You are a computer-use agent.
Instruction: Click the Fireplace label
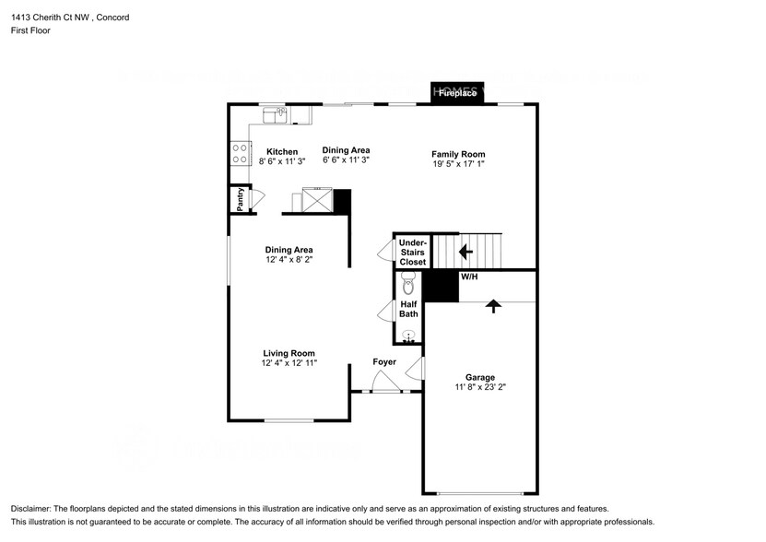click(x=457, y=94)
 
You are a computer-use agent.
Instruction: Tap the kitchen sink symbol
click(x=275, y=114)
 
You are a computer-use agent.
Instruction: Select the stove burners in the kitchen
click(x=240, y=152)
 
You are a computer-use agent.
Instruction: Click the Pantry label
click(x=240, y=199)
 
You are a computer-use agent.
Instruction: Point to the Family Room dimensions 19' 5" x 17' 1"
click(x=458, y=165)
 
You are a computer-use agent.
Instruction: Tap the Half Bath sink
click(x=408, y=336)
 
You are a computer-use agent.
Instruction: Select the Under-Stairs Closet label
click(x=412, y=253)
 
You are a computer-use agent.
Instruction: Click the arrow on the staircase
click(x=467, y=250)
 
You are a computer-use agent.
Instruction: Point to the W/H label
click(x=469, y=277)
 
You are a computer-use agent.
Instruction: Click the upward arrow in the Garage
click(x=494, y=306)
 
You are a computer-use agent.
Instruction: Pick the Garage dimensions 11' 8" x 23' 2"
click(x=480, y=388)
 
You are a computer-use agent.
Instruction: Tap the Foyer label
click(x=384, y=362)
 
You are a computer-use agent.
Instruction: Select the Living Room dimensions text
click(x=289, y=364)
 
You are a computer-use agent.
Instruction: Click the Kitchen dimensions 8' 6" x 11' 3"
click(x=282, y=161)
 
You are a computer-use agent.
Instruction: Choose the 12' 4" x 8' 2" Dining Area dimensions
click(x=289, y=260)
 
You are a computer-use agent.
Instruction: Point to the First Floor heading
click(x=31, y=30)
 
